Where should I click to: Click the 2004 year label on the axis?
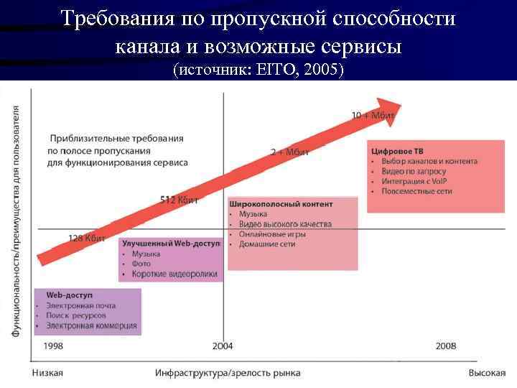click(223, 346)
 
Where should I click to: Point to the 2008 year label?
click(445, 346)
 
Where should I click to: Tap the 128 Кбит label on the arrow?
click(87, 238)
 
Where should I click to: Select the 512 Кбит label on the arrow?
click(179, 199)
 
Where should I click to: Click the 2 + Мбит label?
click(289, 152)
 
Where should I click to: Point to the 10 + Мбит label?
click(373, 115)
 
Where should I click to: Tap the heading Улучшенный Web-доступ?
click(171, 244)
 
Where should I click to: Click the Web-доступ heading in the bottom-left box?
click(70, 295)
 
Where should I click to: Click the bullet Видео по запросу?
click(414, 172)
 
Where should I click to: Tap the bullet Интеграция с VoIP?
click(415, 182)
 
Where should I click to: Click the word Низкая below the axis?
click(47, 373)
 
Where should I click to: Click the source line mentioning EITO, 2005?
click(258, 70)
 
